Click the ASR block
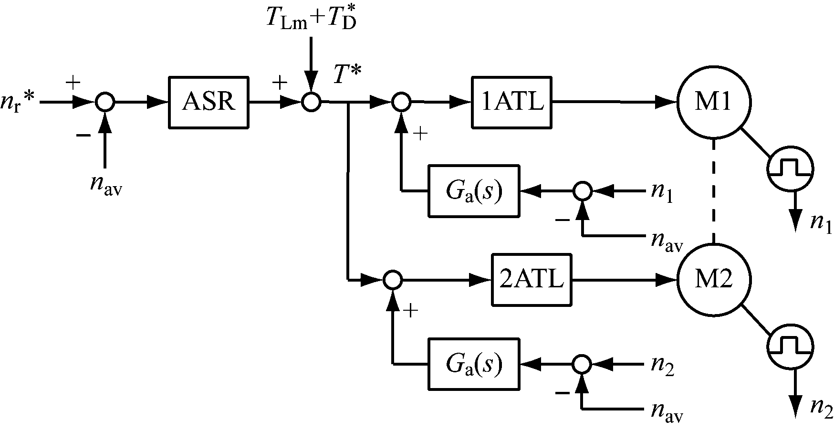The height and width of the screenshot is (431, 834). pos(209,102)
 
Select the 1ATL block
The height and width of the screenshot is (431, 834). pos(512,102)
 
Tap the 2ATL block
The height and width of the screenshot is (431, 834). pos(532,280)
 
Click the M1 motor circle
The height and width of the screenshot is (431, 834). pos(714,102)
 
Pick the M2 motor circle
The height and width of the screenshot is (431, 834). pos(714,280)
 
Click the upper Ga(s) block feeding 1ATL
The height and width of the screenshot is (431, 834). pos(474,191)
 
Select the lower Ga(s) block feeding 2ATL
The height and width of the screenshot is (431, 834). pos(474,365)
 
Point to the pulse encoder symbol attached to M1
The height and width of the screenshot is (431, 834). pos(790,168)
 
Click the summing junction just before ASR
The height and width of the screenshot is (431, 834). pos(105,102)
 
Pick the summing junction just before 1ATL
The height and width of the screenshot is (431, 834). pos(401,102)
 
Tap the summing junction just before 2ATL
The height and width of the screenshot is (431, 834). pos(393,280)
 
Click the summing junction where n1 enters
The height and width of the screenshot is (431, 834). pos(582,191)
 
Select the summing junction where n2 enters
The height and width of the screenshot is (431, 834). pos(582,365)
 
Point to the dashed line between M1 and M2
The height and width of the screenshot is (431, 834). pos(714,191)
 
